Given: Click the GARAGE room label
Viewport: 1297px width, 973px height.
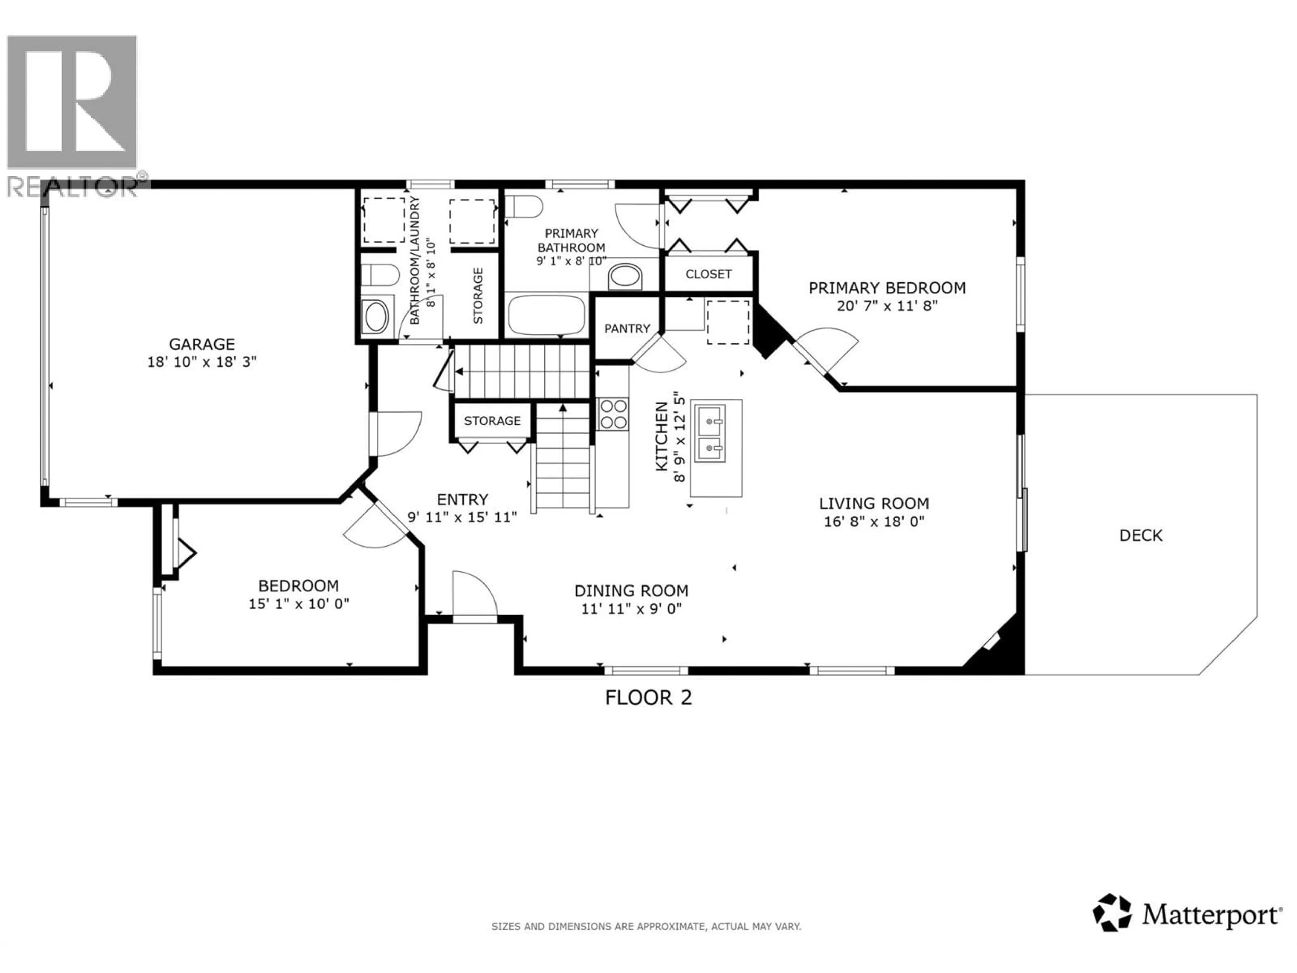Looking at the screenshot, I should pos(202,344).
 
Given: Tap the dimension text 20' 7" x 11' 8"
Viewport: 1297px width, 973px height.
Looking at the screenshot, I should pos(887,305).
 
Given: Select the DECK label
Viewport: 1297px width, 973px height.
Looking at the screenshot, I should pos(1140,535).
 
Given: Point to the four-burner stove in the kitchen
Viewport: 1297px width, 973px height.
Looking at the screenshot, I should pos(613,414).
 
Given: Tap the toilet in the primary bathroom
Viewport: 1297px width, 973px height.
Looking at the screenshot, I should pos(524,206).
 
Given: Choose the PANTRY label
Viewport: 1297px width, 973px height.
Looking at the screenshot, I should pos(627,328).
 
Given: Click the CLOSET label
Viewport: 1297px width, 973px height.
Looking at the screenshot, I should pos(708,274).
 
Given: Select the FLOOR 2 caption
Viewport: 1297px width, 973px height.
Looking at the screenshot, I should pos(648,697).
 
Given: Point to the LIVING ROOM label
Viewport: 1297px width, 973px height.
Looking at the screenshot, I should pos(874,503).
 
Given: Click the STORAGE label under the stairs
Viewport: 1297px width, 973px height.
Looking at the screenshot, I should pos(492,421).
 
